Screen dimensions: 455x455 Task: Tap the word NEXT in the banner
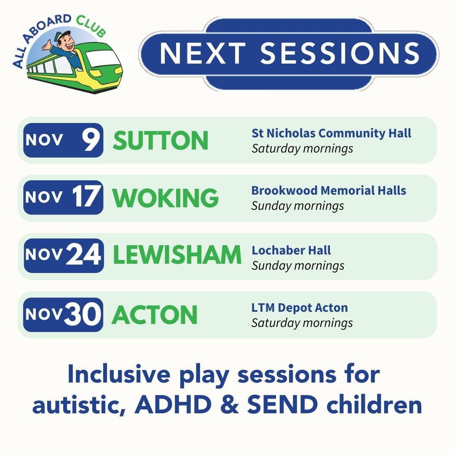click(203, 53)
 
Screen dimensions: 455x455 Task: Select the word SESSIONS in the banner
click(340, 53)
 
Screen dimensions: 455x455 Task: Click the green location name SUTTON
click(161, 141)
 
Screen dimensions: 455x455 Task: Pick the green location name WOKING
click(166, 198)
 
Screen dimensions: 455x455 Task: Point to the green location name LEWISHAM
click(177, 256)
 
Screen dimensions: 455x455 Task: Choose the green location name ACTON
click(155, 315)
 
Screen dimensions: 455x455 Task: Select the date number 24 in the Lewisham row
click(83, 256)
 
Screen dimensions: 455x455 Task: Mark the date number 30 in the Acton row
click(83, 315)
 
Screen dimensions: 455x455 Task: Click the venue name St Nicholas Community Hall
click(331, 133)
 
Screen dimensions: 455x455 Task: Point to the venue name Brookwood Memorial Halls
click(329, 190)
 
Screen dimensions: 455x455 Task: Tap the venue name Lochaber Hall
click(291, 250)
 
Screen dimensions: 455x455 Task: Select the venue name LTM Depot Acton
click(300, 308)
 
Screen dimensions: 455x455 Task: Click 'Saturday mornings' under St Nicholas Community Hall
click(302, 149)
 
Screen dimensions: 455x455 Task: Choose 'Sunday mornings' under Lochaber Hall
click(298, 266)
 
